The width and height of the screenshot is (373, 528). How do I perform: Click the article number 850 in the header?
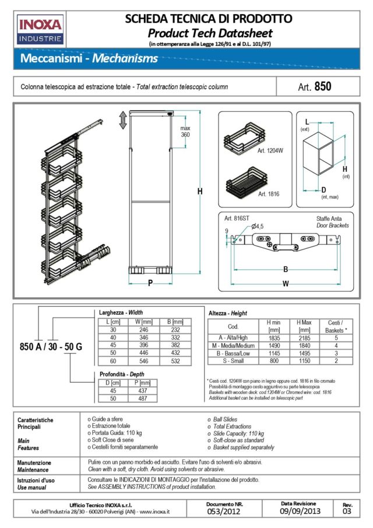click(322, 87)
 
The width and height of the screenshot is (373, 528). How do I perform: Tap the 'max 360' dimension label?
click(185, 131)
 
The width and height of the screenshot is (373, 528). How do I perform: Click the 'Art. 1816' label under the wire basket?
click(270, 193)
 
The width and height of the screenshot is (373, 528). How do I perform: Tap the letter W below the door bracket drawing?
click(285, 284)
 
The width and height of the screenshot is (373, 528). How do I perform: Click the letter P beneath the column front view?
click(150, 284)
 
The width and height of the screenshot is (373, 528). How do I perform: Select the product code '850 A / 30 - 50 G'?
click(51, 347)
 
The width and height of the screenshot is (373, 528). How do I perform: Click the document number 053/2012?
click(224, 511)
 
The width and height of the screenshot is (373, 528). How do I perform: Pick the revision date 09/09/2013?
click(298, 511)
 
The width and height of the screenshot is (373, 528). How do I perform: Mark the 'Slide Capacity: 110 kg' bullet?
click(239, 434)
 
